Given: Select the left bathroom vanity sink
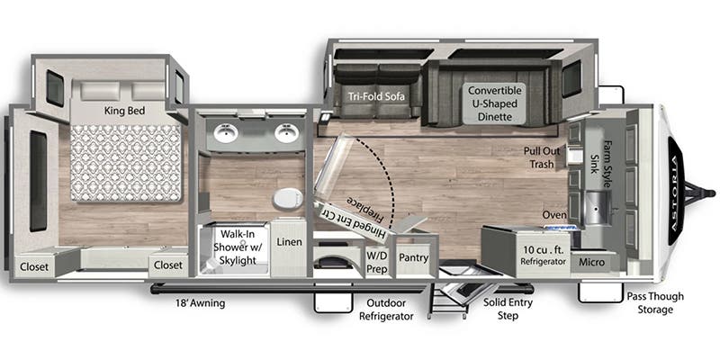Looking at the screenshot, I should click(226, 135).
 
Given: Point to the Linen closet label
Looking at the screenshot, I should click(289, 241).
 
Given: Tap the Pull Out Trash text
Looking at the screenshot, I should click(542, 157).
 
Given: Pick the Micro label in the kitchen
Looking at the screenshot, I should click(590, 261).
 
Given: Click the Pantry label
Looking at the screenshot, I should click(413, 257).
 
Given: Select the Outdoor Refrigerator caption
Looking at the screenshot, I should click(386, 310).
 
